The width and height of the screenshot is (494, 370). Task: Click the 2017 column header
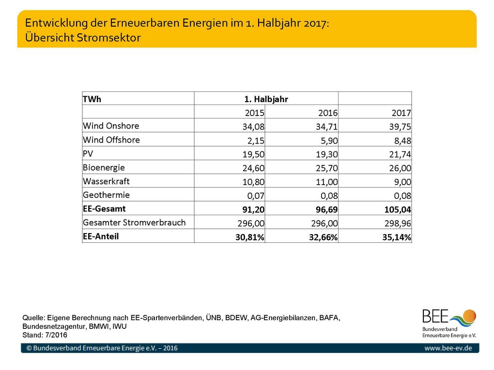401,113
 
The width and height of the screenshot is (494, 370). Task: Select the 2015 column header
255,113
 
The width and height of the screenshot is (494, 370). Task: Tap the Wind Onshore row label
111,126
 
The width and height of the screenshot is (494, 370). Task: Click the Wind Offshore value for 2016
329,140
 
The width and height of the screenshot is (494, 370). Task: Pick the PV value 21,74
400,154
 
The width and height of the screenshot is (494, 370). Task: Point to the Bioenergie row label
104,167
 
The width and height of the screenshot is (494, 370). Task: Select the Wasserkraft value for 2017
402,182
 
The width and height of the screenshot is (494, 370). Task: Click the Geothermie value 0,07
256,196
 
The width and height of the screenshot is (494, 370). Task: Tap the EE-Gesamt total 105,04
398,209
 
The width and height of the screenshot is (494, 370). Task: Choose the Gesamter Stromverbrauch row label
134,222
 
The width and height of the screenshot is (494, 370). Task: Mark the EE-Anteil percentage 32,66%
323,237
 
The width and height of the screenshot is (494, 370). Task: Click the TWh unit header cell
92,99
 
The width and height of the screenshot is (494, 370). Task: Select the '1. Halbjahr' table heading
266,99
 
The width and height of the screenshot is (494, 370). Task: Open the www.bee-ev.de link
448,348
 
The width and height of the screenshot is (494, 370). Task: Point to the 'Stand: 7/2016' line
45,335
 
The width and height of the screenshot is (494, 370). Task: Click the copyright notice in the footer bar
102,348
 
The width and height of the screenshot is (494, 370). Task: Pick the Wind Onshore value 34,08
254,127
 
